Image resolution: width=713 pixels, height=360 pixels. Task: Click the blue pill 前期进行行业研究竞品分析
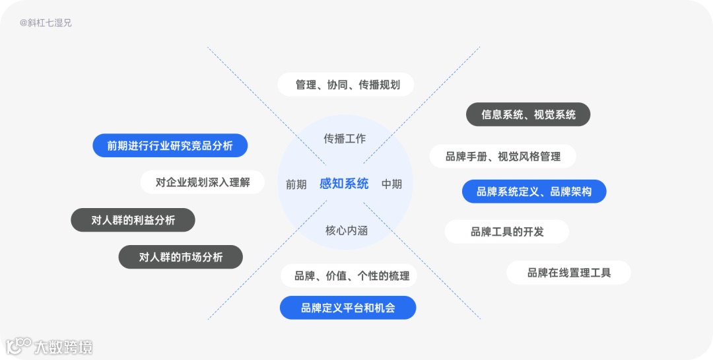170,146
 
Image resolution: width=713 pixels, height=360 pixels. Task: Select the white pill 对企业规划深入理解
203,182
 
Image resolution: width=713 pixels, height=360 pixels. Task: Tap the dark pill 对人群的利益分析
133,220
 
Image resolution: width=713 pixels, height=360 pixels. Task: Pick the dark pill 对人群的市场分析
180,257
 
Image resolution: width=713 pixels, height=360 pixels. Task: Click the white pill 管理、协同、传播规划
347,85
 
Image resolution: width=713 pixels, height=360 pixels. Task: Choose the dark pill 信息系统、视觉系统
528,114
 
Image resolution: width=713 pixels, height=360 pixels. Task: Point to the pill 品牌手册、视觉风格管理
502,157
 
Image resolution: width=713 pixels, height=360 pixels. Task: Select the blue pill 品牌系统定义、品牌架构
533,192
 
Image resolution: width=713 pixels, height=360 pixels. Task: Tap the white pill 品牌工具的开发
506,232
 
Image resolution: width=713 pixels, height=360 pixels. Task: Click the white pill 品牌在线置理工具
568,273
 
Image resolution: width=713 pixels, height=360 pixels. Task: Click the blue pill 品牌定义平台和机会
348,308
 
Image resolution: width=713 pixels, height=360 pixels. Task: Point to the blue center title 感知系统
344,184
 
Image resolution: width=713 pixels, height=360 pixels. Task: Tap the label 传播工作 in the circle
344,139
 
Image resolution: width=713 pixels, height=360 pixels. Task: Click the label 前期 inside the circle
296,184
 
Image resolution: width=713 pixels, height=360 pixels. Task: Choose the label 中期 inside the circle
391,184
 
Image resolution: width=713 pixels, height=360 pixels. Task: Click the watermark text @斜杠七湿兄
46,22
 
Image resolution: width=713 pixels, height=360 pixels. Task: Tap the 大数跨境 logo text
63,347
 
